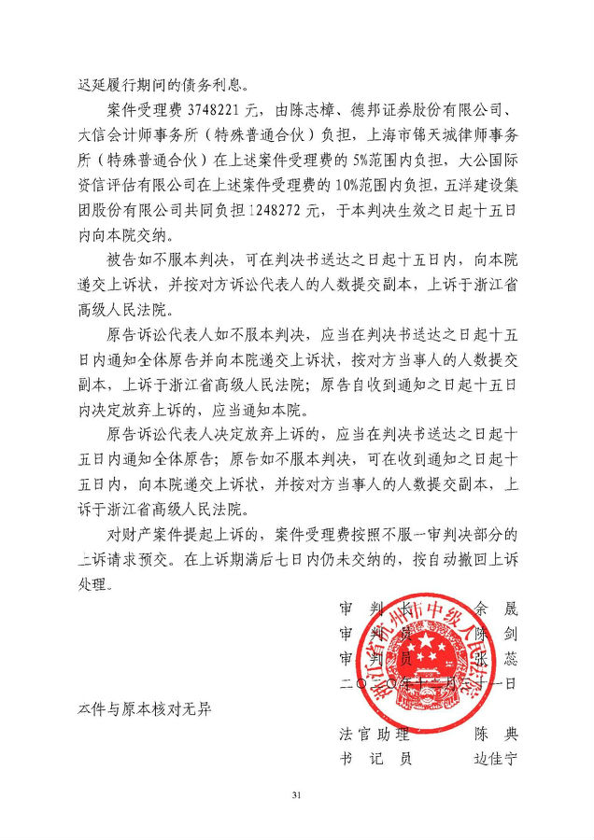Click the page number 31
[x=297, y=795]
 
